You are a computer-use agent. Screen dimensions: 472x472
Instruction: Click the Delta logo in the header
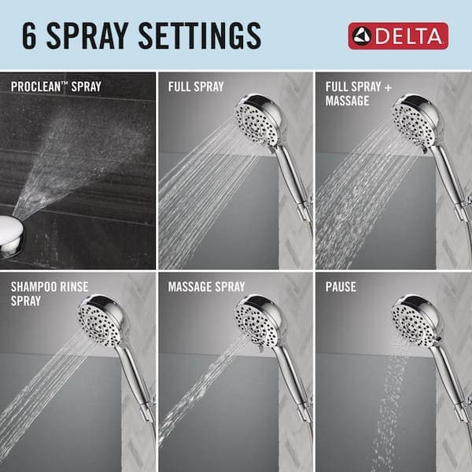coord(398,35)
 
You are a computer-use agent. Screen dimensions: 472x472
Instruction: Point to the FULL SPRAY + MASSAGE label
coord(353,94)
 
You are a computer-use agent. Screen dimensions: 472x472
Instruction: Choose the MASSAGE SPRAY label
coord(206,287)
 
